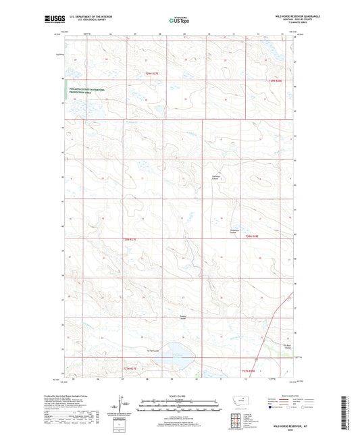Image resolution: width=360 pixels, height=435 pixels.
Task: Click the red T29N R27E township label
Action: coord(154,74)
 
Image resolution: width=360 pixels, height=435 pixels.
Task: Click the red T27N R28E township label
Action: coord(249,370)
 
